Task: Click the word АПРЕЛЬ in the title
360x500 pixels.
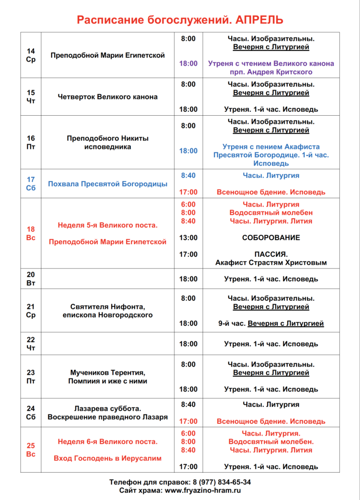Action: (259, 20)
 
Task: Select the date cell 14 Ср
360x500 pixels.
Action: (31, 55)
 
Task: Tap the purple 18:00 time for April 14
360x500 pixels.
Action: (188, 63)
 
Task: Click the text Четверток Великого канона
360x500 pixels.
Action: (107, 97)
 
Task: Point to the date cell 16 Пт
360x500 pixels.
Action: (31, 142)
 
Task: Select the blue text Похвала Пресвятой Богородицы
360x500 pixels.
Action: (107, 184)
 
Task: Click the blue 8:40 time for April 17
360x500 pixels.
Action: (188, 175)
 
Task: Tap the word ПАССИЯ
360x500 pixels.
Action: (271, 254)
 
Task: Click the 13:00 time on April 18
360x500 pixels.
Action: (188, 238)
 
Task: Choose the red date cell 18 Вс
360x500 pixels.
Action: (31, 233)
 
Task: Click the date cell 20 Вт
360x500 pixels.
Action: (31, 279)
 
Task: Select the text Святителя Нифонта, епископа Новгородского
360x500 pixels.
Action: (107, 311)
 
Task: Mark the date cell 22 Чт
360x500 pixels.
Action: (31, 344)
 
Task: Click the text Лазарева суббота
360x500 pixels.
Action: (107, 408)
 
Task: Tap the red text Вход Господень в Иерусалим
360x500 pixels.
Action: (107, 458)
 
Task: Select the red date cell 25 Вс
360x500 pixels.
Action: (31, 450)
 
